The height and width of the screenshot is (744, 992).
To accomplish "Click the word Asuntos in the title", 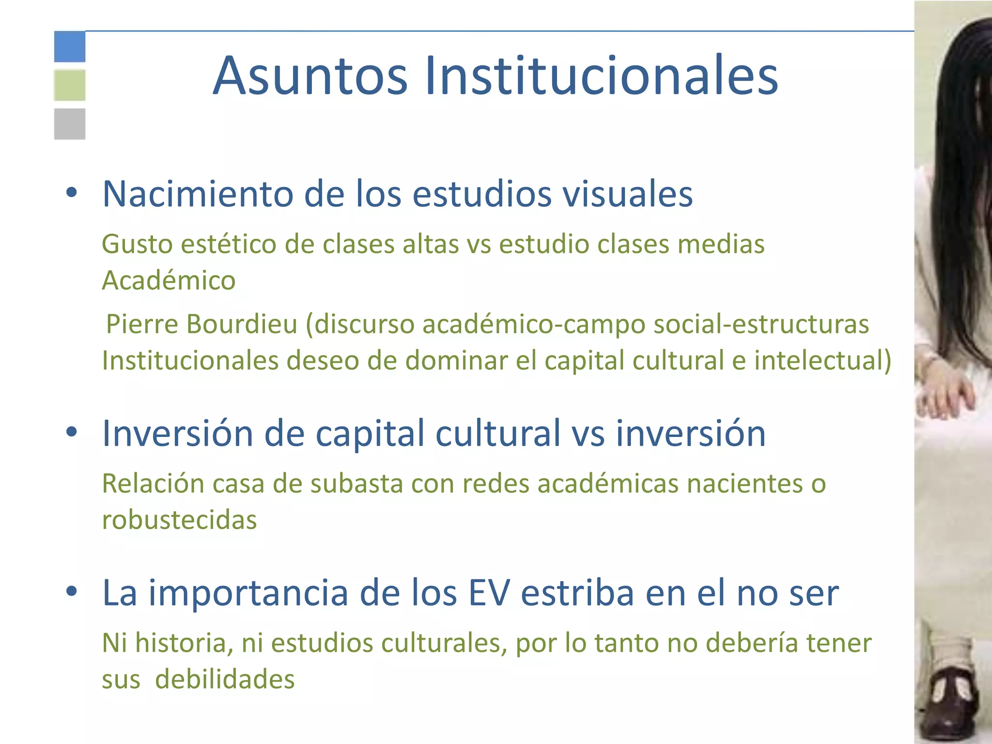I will [x=310, y=76].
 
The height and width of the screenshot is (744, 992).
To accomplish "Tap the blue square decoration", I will [x=70, y=46].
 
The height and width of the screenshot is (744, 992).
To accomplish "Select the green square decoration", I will [x=70, y=85].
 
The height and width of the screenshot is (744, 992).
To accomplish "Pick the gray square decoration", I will [x=70, y=124].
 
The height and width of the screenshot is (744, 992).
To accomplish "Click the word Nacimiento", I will [x=198, y=194].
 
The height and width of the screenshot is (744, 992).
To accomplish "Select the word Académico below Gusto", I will [x=169, y=280].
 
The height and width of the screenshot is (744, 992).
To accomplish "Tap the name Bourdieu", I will [x=242, y=324].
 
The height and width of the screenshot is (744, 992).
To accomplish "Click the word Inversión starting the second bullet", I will [x=177, y=433].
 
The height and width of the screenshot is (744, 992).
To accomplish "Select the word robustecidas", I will [x=179, y=520].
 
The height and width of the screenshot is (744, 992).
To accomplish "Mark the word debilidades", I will [x=225, y=679].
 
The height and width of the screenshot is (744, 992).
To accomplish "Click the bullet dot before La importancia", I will [x=72, y=591].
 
